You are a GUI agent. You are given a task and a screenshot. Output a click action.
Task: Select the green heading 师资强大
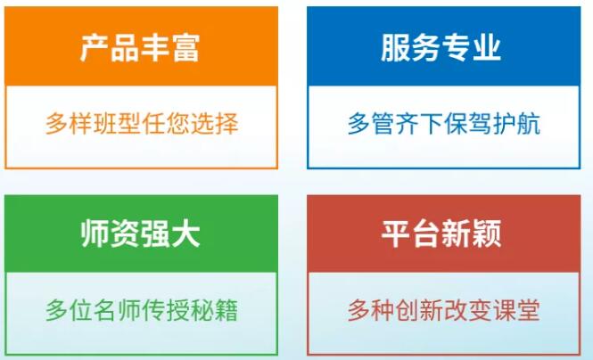[x=140, y=233]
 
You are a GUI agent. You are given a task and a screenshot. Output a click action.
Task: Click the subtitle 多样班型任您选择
[x=142, y=124]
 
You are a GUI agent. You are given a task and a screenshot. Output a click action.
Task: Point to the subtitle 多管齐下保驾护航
[x=443, y=124]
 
